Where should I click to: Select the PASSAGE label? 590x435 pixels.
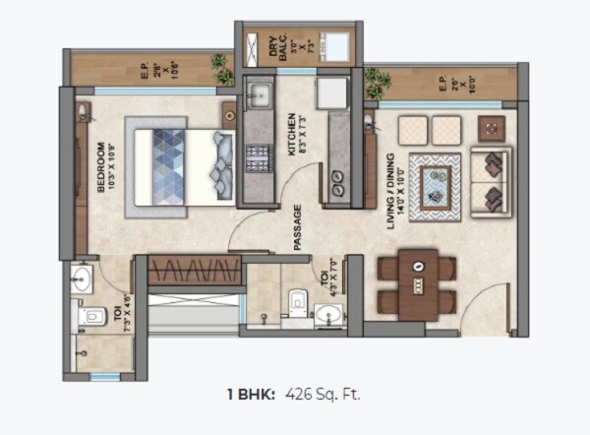click(296, 227)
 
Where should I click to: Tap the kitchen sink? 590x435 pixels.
click(260, 95)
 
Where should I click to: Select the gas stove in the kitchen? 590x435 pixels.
click(259, 155)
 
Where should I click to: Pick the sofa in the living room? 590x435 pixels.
click(491, 183)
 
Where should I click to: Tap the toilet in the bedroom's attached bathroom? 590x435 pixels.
click(92, 316)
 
